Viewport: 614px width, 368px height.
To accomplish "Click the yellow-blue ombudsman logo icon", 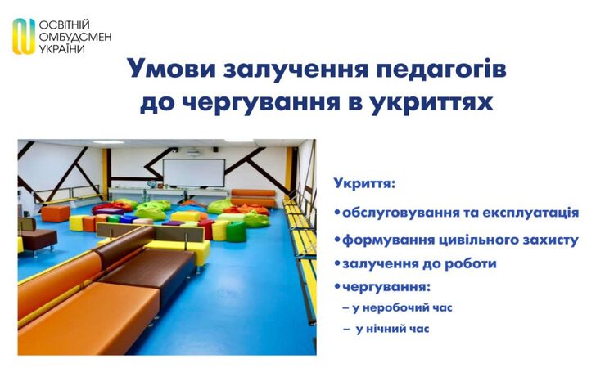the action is (x=24, y=36).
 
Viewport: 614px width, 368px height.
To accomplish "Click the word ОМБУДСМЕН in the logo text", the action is (x=75, y=37).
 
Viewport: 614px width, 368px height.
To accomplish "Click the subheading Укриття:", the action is (x=364, y=183).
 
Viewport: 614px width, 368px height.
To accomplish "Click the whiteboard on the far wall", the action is (x=194, y=173).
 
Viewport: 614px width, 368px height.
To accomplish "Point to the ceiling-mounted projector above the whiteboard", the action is (x=194, y=153).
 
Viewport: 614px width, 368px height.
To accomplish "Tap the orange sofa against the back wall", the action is (x=253, y=198).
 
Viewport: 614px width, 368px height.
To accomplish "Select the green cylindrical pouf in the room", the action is (x=236, y=231).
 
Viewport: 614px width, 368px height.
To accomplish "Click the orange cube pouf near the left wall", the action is (x=55, y=213).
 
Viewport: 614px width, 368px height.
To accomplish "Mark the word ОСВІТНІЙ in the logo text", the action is (x=65, y=25).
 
